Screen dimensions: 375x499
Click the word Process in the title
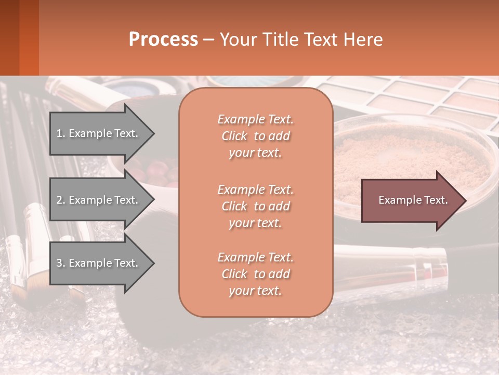point(163,40)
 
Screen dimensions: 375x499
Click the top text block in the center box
point(255,136)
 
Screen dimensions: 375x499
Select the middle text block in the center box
point(255,206)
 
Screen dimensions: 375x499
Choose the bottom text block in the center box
point(255,274)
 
